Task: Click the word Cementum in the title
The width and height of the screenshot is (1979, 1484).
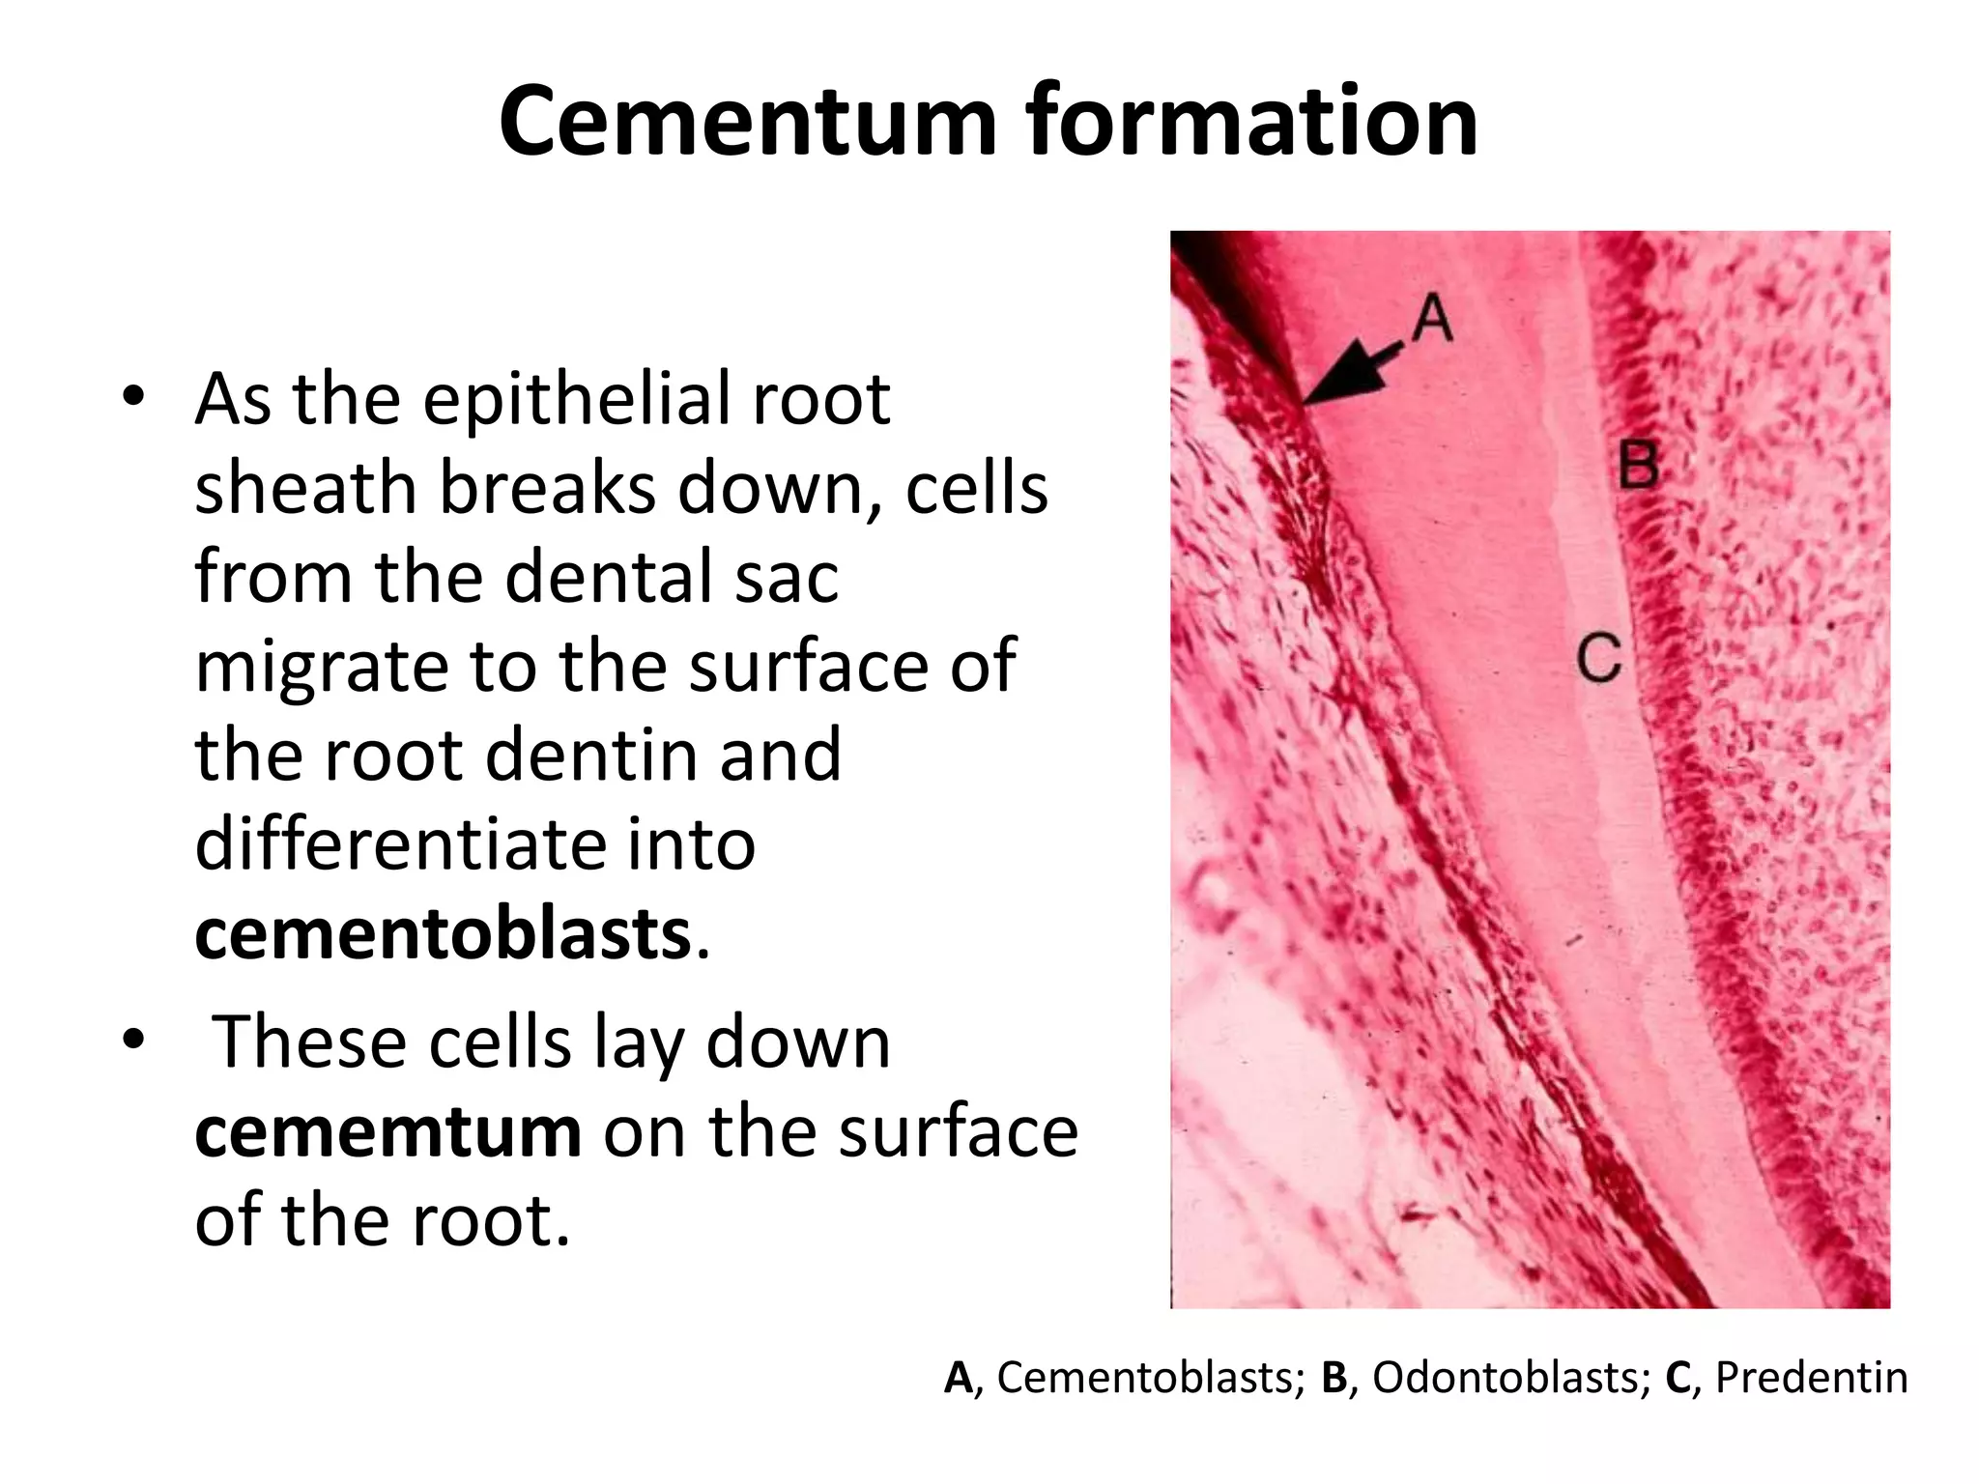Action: point(747,121)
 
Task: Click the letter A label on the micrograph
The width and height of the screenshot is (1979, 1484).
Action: point(1432,318)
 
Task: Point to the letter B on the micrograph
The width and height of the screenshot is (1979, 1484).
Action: point(1638,464)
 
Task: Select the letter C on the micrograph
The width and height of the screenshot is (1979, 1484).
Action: point(1599,658)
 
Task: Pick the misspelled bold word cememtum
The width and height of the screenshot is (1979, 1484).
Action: point(387,1132)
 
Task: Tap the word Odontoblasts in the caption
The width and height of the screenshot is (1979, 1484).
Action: point(1511,1378)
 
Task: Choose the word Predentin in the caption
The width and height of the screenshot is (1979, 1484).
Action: point(1811,1378)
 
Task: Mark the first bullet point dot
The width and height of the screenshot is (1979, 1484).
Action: point(133,397)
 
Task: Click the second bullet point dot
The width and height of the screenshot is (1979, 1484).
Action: point(133,1041)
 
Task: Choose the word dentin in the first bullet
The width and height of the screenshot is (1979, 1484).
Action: point(588,756)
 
